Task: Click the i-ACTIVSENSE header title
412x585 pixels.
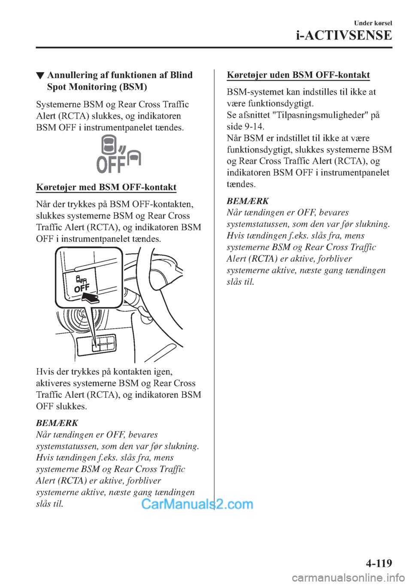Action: [344, 35]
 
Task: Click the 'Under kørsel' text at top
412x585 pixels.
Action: [373, 23]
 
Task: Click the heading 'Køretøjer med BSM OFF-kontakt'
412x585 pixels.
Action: [106, 187]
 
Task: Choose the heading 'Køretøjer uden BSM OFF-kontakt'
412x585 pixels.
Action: [298, 75]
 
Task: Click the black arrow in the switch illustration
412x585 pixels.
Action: [90, 298]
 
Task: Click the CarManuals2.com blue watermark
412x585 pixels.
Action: [197, 504]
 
